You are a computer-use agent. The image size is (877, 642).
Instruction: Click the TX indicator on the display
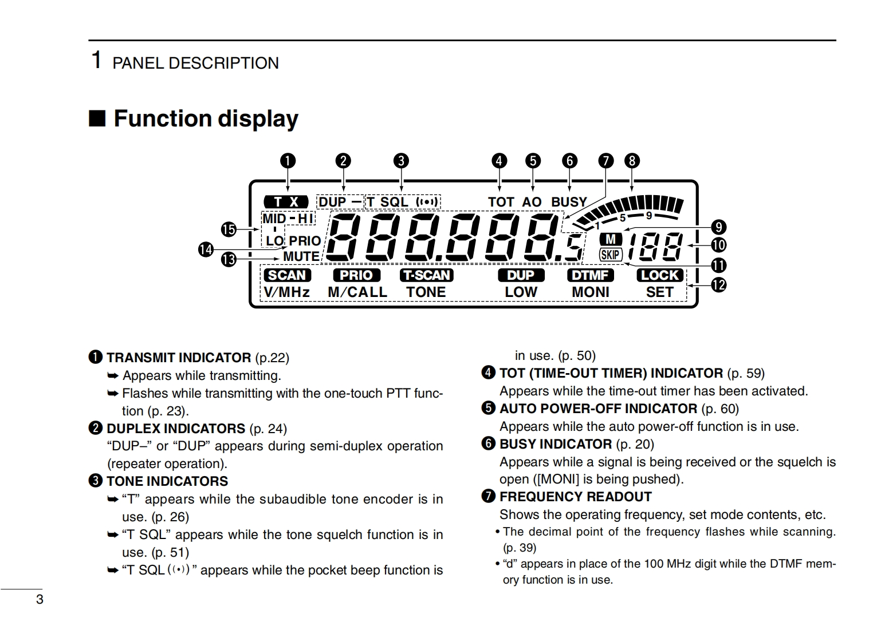click(286, 202)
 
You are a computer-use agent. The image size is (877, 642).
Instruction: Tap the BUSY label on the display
click(568, 202)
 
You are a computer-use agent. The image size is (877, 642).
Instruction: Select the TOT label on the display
click(501, 202)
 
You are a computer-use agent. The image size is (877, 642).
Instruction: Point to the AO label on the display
click(532, 202)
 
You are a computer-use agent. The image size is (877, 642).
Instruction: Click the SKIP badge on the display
click(611, 255)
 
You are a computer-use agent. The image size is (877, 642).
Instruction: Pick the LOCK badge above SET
click(660, 275)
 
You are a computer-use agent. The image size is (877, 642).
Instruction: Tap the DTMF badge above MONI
click(590, 275)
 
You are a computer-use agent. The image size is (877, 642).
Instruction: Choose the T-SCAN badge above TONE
click(426, 275)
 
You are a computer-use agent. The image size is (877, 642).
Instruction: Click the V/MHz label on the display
click(287, 292)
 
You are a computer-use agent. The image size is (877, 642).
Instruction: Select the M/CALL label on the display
click(357, 292)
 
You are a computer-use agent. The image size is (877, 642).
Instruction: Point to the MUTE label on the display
click(301, 257)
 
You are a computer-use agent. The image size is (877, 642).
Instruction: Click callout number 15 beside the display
click(229, 229)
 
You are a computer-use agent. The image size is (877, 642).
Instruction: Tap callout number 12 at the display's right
click(718, 284)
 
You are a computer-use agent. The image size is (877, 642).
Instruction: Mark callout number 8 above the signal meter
click(632, 161)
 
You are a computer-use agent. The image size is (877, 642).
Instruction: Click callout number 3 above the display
click(401, 161)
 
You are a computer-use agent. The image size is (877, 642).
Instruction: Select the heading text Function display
click(206, 118)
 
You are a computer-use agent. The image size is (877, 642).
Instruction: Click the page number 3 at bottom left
click(40, 600)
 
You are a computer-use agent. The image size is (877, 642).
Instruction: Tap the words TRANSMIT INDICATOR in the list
click(179, 358)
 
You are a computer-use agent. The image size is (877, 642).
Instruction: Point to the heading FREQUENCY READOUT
click(575, 497)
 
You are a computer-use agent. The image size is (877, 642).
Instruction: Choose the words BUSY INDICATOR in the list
click(556, 444)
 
